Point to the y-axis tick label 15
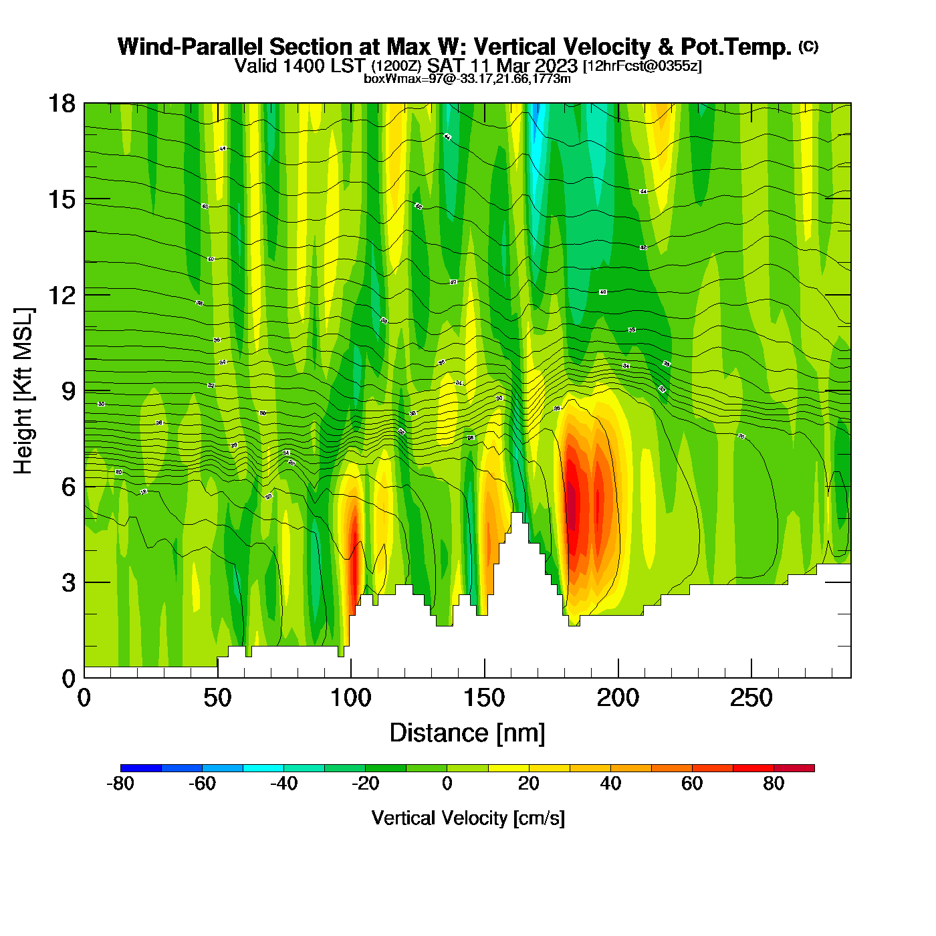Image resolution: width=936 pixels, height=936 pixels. (61, 199)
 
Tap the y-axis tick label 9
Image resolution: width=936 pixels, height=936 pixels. (68, 391)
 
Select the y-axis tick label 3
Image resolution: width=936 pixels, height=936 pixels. (68, 583)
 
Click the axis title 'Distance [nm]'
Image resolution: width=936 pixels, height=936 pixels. (467, 733)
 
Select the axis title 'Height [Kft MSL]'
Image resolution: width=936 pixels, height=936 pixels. (23, 391)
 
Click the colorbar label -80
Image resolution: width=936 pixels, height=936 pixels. (120, 784)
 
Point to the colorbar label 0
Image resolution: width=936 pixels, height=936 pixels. (447, 784)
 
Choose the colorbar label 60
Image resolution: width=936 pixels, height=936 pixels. (692, 784)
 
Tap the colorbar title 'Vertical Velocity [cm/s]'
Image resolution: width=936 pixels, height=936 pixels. (468, 818)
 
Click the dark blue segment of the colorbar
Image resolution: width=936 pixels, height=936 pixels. (141, 768)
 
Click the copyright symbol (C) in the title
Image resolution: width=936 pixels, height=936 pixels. (808, 46)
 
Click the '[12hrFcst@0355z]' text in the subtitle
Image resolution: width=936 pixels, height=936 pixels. (642, 66)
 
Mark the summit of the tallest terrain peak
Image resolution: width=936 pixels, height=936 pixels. (517, 513)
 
